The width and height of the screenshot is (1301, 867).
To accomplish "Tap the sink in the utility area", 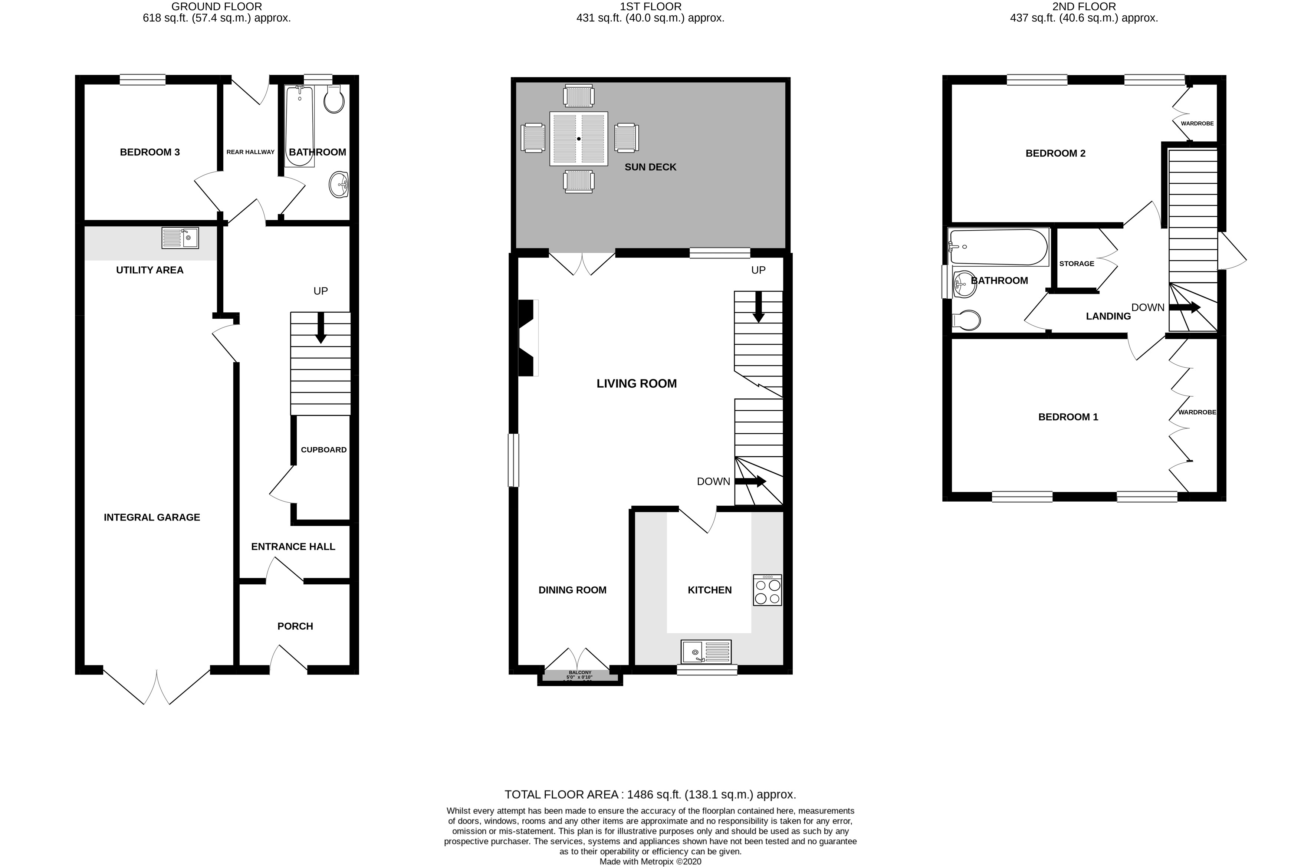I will coord(180,238).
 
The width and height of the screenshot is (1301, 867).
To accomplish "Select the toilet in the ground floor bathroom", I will coord(334,99).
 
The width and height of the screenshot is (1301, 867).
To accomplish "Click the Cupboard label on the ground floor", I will coord(323,450).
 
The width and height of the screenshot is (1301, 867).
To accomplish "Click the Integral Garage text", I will coord(151,517).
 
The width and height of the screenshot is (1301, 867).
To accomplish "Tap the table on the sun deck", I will coord(578,138).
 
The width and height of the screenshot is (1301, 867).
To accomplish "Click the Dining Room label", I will coord(572,590).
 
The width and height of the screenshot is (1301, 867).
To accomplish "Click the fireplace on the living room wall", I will coord(527,338).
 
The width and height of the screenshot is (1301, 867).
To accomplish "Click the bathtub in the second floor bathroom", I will coord(998,247).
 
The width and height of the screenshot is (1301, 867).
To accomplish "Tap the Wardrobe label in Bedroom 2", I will coord(1197,123).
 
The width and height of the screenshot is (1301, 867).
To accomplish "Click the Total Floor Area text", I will coord(650,795).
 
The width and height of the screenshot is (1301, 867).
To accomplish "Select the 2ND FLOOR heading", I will coord(1083,7).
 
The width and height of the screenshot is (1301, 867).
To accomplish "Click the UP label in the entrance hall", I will coord(320,291).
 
